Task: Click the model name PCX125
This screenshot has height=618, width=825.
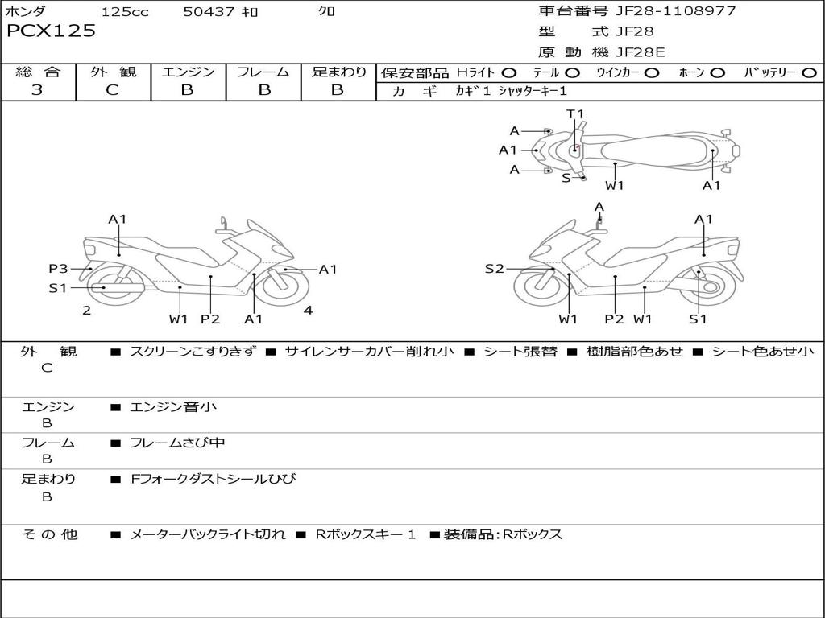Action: tap(51, 31)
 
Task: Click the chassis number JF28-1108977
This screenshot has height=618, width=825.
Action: tap(676, 10)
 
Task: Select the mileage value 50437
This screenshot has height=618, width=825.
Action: tap(209, 11)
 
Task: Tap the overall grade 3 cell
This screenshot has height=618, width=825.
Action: tap(37, 90)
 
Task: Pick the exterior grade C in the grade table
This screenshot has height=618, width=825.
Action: tap(113, 90)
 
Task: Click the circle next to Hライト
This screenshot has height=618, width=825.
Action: tap(509, 73)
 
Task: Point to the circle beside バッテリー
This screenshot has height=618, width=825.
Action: tap(809, 73)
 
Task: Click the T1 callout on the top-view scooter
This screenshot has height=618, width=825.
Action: tap(575, 113)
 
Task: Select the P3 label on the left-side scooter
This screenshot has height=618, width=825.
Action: tap(58, 269)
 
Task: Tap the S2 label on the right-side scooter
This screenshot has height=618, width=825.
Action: tap(495, 269)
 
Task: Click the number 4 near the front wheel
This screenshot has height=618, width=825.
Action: tap(309, 310)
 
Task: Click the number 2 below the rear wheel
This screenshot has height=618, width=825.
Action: tap(87, 310)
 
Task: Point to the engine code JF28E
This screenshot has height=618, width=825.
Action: tap(641, 52)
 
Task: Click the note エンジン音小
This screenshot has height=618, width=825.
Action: tap(173, 406)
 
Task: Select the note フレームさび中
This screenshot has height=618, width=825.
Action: tap(177, 443)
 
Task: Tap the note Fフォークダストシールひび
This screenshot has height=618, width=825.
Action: tap(213, 479)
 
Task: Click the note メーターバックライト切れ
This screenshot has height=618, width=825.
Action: tap(208, 534)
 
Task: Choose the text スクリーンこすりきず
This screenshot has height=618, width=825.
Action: tap(193, 351)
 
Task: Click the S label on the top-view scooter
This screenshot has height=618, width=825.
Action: tap(566, 178)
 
